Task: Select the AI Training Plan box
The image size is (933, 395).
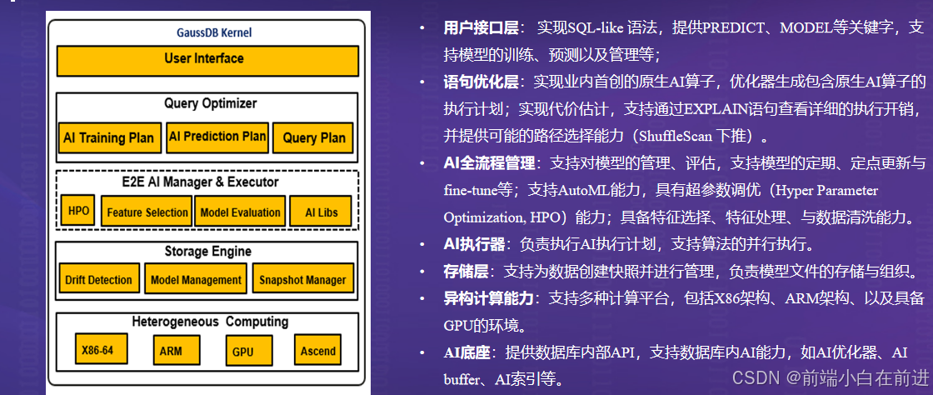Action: coord(108,137)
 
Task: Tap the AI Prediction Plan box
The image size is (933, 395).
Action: coord(217,137)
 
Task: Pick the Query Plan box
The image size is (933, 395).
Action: coord(314,137)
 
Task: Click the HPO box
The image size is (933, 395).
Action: coord(78,212)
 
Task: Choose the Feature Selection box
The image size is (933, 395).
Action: coord(147,212)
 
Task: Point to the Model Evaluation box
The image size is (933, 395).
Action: coord(241,212)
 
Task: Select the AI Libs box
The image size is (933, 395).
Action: coord(321,212)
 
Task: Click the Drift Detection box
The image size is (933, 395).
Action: coord(98,280)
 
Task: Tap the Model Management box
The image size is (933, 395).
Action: coord(196,280)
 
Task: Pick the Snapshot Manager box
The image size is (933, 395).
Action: coord(302,280)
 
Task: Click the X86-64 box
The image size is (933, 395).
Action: coord(98,350)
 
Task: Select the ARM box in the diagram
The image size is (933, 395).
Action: coord(170,350)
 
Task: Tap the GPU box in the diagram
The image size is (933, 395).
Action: coord(242,351)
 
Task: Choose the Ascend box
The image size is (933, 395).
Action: coord(318,350)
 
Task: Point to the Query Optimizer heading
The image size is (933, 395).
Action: coord(210,103)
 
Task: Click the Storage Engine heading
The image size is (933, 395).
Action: coord(207,251)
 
